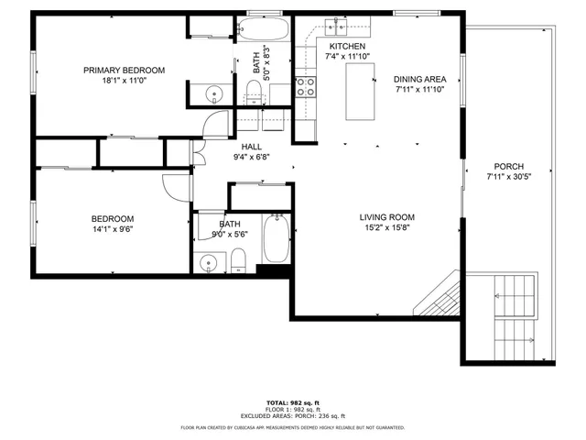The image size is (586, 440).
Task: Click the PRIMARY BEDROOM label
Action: [124, 71]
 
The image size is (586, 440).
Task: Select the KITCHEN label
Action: [347, 47]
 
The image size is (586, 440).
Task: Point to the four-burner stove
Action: [306, 87]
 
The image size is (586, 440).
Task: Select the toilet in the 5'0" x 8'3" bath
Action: [254, 90]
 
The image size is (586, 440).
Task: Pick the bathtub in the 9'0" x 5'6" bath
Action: [276, 238]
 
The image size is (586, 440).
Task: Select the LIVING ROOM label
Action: [386, 217]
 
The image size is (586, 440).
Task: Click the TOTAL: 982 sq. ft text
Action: [292, 403]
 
